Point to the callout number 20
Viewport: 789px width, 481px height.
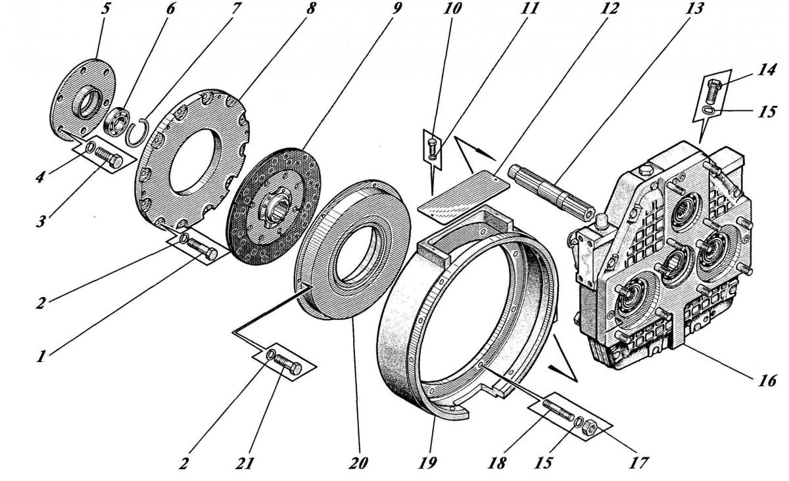tap(360, 464)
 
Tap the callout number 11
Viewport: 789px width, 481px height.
tap(533, 9)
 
